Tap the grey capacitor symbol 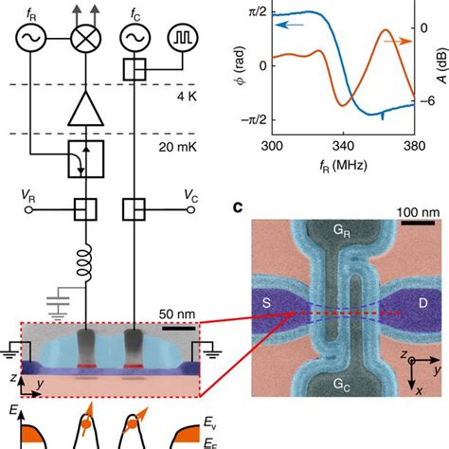point(63,301)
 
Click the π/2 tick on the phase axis point(253,12)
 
